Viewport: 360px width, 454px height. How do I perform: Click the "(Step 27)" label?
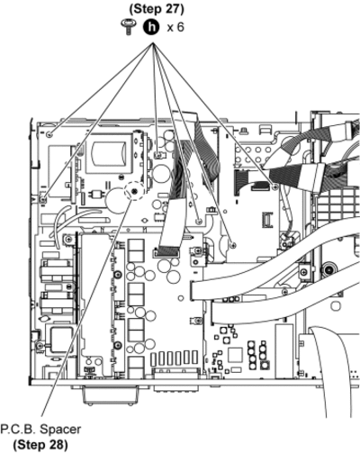point(157,9)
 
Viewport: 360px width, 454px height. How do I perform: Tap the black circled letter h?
point(152,27)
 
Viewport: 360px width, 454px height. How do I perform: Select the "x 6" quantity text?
point(175,27)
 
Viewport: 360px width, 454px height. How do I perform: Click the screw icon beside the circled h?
point(129,27)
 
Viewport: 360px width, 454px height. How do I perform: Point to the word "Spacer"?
point(60,430)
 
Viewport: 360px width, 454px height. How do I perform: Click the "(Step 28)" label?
point(40,444)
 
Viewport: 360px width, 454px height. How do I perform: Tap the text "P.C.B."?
point(18,430)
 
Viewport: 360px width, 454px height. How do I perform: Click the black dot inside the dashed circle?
point(134,191)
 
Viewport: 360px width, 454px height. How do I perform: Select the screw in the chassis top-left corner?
point(49,134)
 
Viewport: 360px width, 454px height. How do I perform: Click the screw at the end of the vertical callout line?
point(157,155)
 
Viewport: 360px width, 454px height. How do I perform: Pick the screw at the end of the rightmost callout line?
point(275,186)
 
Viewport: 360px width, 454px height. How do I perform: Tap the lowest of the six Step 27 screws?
point(233,245)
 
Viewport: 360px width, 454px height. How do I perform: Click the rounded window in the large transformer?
point(109,152)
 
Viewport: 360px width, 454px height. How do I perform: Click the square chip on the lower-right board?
point(235,354)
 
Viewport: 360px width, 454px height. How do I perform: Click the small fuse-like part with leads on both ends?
point(96,194)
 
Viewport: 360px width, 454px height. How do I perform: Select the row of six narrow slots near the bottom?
point(175,358)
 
